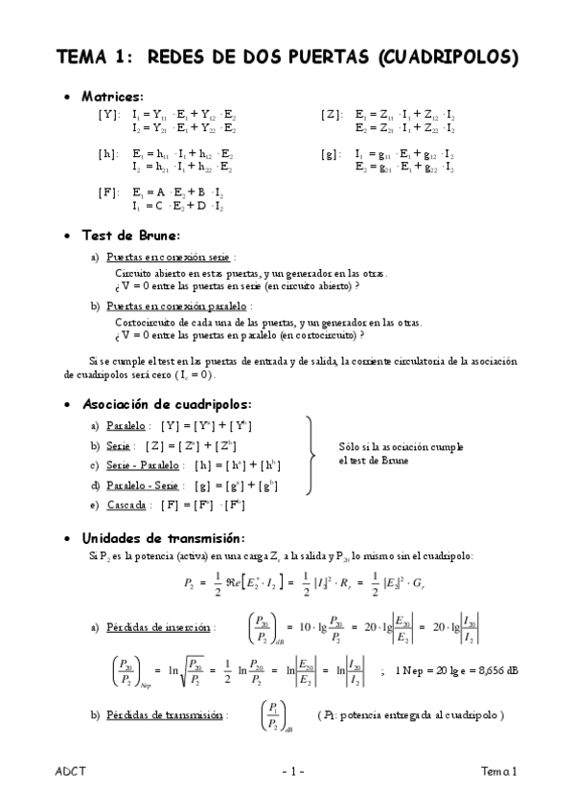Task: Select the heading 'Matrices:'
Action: tap(113, 97)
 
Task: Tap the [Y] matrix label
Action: tap(109, 113)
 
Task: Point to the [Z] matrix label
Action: tap(332, 113)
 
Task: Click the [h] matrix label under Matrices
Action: tap(108, 152)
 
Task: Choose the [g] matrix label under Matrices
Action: tap(332, 152)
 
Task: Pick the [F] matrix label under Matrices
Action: tap(108, 192)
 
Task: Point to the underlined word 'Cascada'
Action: tap(127, 504)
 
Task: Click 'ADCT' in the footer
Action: tap(70, 771)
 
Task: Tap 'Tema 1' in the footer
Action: tap(499, 771)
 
